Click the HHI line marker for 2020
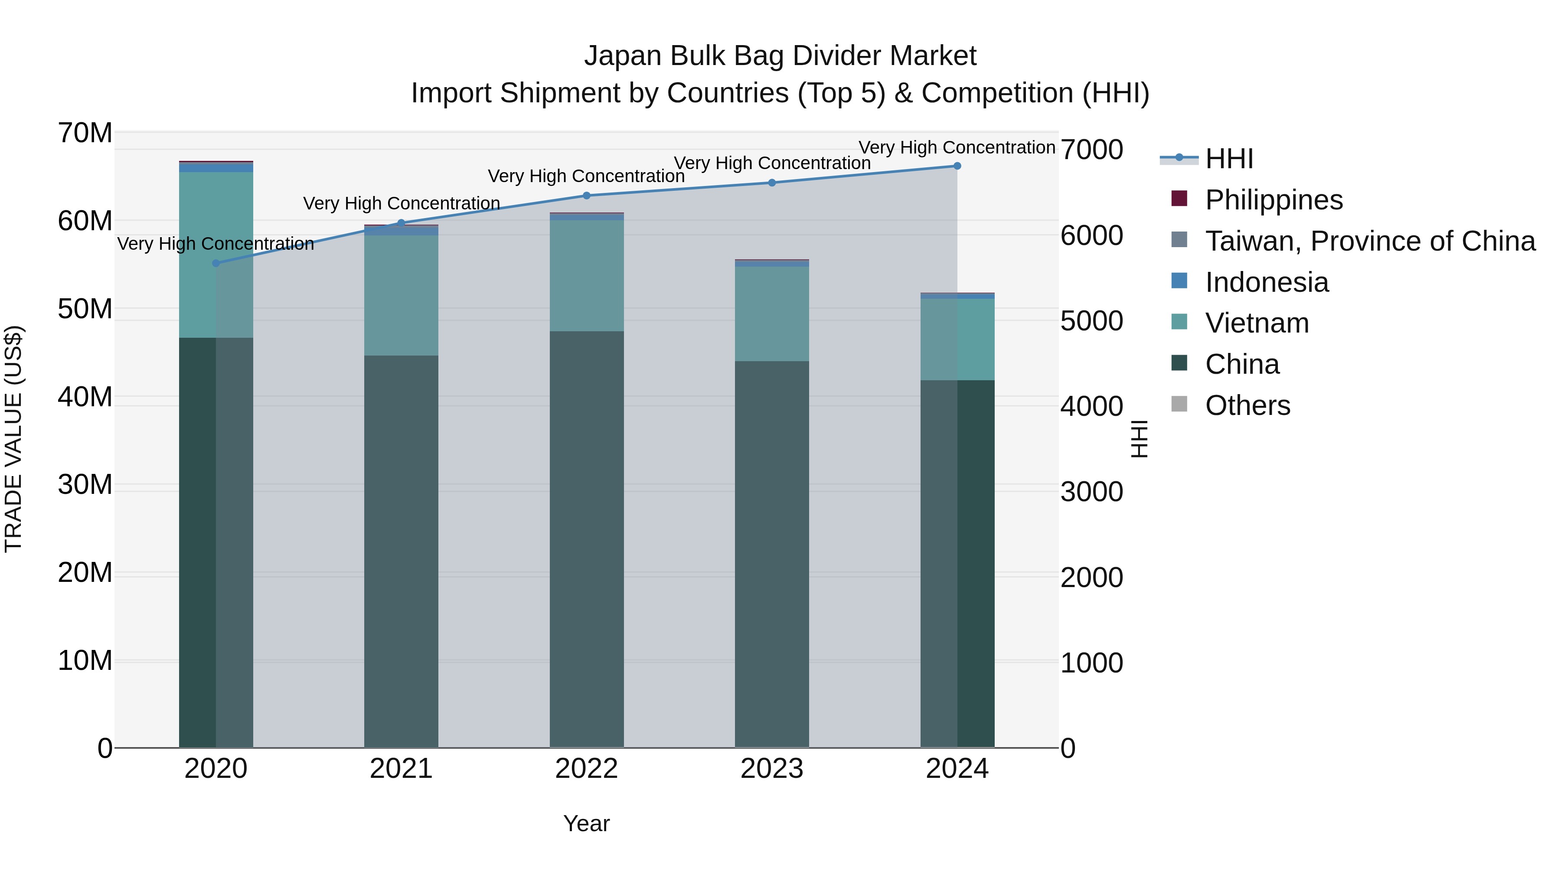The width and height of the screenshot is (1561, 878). (x=216, y=263)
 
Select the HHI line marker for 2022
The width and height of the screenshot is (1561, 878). (x=587, y=196)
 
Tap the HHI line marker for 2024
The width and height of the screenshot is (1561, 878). (x=957, y=166)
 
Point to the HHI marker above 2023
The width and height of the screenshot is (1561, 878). (x=772, y=183)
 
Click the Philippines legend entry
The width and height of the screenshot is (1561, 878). (x=1274, y=200)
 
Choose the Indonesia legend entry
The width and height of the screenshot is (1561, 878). (x=1267, y=282)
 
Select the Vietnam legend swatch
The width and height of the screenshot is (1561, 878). (x=1179, y=322)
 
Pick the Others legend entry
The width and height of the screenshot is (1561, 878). (x=1247, y=405)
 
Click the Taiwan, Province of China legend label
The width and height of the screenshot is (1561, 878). (x=1370, y=241)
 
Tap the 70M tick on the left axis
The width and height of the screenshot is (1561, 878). (x=85, y=133)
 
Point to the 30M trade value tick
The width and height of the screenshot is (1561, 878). (x=85, y=485)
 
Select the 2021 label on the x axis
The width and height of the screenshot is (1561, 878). (x=401, y=769)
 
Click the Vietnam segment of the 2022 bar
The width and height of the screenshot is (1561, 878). (x=587, y=276)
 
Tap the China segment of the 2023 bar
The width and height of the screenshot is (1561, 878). (x=772, y=555)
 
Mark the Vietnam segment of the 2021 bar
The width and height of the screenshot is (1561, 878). (x=401, y=295)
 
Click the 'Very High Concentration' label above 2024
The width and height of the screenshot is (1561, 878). (x=957, y=148)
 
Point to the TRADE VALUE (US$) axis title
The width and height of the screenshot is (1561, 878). (x=14, y=439)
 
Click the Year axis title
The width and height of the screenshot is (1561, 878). (x=587, y=823)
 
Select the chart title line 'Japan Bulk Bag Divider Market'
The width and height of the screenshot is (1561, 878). (x=780, y=56)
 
